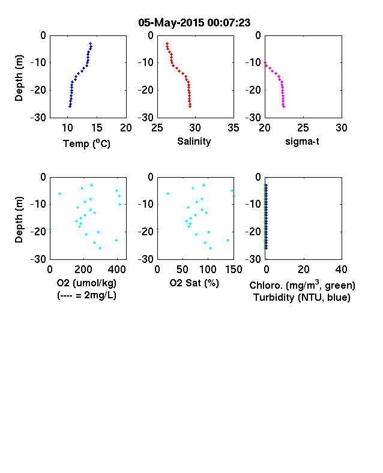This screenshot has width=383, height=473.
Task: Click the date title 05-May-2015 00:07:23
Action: (195, 23)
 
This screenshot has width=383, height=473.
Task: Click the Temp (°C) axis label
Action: (86, 143)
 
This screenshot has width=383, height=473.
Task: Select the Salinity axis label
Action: (194, 141)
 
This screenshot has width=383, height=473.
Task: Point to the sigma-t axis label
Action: (302, 141)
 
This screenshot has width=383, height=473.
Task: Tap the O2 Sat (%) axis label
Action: (194, 283)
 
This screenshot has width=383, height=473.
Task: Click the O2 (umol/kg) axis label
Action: (86, 283)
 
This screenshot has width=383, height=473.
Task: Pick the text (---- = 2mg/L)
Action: (86, 295)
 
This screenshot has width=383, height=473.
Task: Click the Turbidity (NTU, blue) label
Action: (302, 298)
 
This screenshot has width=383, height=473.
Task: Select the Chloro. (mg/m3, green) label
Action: (302, 285)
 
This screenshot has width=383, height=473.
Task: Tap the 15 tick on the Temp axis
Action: (97, 128)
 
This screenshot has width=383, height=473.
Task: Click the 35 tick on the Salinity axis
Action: (234, 128)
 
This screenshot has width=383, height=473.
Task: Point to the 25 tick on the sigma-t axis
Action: (303, 128)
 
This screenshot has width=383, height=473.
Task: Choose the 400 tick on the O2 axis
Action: (116, 270)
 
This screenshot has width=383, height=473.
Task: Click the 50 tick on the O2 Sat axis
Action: (182, 270)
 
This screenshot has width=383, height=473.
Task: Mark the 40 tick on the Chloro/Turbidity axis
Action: (341, 270)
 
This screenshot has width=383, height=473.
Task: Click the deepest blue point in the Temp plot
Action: (70, 106)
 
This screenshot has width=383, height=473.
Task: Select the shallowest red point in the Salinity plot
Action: (167, 43)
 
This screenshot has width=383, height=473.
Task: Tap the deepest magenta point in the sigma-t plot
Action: (283, 106)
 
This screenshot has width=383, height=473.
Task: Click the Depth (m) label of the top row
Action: (19, 78)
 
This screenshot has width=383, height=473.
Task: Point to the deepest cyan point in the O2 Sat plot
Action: (210, 248)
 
